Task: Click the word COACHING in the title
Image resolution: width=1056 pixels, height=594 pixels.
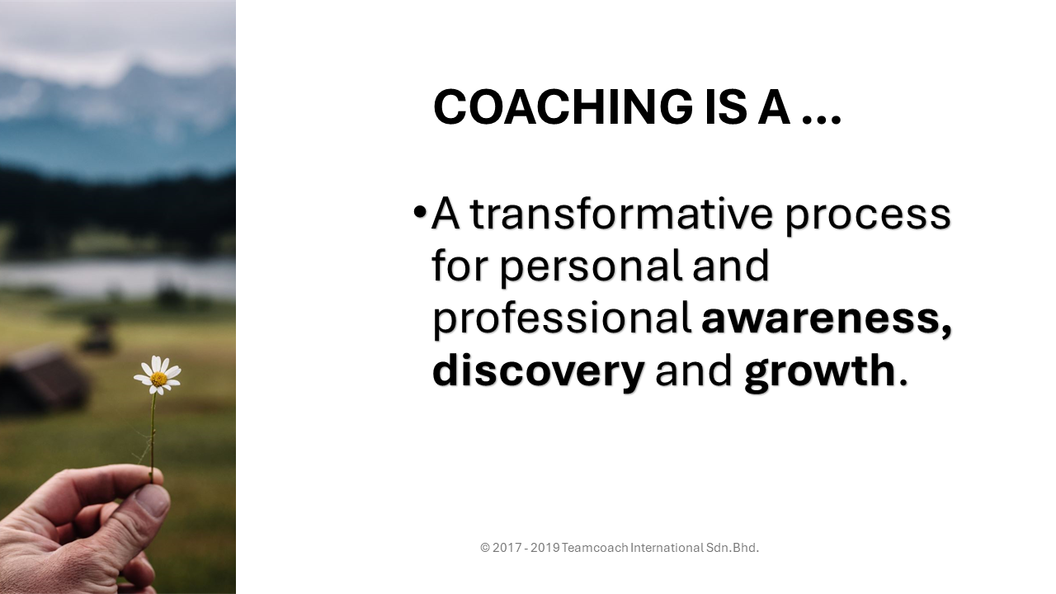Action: [563, 107]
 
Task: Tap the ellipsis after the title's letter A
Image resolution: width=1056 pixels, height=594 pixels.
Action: [822, 120]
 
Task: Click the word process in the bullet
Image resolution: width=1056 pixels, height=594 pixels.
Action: [868, 219]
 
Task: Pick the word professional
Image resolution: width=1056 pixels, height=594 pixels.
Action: [562, 319]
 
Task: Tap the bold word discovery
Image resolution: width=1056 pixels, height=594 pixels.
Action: [538, 372]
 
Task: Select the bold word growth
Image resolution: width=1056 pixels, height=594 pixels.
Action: [820, 372]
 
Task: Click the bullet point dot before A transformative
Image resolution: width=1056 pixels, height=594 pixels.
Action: [419, 212]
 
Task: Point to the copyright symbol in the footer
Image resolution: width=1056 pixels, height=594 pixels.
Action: [485, 548]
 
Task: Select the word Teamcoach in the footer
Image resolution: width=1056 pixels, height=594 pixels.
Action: [595, 548]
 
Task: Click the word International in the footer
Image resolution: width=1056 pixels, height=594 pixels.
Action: [667, 548]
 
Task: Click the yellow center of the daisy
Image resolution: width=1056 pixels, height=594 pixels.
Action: [159, 379]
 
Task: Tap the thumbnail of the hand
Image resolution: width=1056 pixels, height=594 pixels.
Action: [153, 501]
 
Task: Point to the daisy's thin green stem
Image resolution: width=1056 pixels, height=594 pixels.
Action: [153, 437]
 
